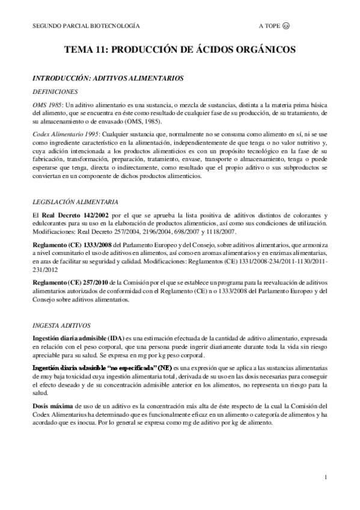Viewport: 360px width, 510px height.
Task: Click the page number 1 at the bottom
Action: (325, 478)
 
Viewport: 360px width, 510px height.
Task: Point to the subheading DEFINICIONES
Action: (55, 91)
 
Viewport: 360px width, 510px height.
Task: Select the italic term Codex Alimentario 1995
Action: (66, 133)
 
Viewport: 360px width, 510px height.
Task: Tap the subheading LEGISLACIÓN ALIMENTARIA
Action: (75, 201)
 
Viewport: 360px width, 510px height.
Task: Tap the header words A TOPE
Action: (269, 27)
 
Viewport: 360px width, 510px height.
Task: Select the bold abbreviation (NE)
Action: (163, 366)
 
